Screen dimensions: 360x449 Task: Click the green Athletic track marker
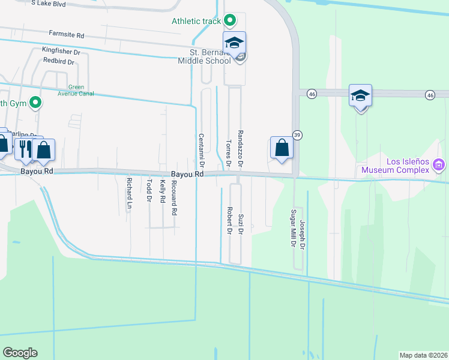point(229,21)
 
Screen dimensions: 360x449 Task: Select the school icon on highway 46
point(361,95)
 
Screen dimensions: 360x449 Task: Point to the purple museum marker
point(439,164)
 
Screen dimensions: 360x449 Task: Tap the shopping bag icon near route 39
point(282,147)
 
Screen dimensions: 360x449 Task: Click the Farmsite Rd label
point(67,35)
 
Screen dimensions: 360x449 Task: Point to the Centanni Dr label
point(202,150)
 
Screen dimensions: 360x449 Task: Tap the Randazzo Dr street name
point(240,148)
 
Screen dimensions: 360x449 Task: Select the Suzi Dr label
point(240,223)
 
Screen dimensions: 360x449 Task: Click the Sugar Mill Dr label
point(293,229)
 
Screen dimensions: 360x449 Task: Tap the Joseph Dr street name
point(303,235)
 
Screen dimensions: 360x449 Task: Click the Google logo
point(20,352)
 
